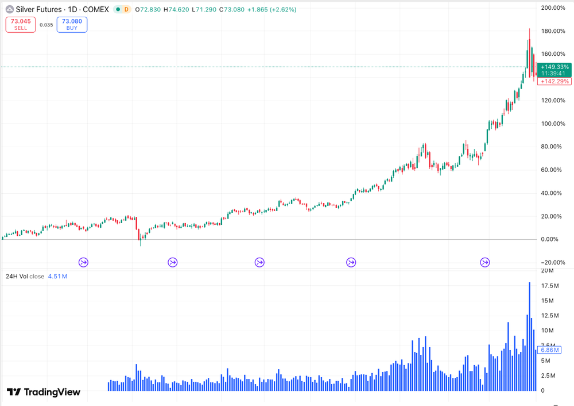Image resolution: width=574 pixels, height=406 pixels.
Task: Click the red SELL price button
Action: click(21, 24)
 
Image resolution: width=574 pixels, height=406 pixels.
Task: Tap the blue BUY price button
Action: click(72, 24)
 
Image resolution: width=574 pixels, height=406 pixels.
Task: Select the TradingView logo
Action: click(44, 392)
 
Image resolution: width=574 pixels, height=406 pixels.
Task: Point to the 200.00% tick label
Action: click(553, 7)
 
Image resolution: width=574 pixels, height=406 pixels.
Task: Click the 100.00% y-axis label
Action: click(553, 124)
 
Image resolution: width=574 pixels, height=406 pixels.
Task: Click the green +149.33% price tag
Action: click(554, 67)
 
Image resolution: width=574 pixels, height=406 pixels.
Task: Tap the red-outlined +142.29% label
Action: click(554, 81)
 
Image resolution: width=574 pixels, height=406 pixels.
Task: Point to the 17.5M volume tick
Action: click(550, 286)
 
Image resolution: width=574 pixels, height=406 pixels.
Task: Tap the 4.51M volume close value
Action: click(57, 276)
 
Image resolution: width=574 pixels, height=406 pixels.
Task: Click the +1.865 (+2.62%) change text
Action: click(272, 10)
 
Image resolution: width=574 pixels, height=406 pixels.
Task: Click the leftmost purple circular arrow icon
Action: click(84, 262)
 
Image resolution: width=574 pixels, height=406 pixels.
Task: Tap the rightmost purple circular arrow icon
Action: click(485, 262)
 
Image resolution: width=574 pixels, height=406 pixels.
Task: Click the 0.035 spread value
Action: click(46, 25)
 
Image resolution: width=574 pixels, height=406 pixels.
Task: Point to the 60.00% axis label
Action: click(553, 170)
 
